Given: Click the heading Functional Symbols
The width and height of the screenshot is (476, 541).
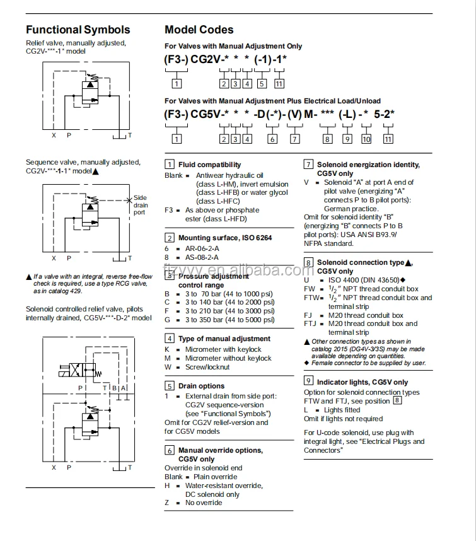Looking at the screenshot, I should pyautogui.click(x=78, y=30).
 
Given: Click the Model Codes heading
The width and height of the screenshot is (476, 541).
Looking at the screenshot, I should pyautogui.click(x=199, y=30).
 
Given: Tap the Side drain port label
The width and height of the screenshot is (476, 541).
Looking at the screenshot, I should pyautogui.click(x=140, y=205).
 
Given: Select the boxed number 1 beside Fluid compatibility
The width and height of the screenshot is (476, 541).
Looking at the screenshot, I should pyautogui.click(x=170, y=165).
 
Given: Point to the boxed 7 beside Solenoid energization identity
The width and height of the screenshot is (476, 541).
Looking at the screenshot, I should pyautogui.click(x=308, y=165).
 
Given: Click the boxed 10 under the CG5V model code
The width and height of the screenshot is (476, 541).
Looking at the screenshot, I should pyautogui.click(x=366, y=139).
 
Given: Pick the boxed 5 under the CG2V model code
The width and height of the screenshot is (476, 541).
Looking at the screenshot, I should pyautogui.click(x=262, y=83).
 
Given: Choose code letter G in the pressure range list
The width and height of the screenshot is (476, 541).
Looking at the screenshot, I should pyautogui.click(x=168, y=320).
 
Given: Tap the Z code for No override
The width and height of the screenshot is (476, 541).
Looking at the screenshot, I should pyautogui.click(x=167, y=503).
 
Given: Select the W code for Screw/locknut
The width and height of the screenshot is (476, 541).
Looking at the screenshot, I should pyautogui.click(x=168, y=367).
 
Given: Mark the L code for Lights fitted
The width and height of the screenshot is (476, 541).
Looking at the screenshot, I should pyautogui.click(x=306, y=410).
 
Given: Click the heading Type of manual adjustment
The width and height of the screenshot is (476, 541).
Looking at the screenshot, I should pyautogui.click(x=224, y=339).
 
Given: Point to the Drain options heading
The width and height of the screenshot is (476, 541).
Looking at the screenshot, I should pyautogui.click(x=201, y=386).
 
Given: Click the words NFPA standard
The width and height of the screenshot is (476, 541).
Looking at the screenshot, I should pyautogui.click(x=328, y=243).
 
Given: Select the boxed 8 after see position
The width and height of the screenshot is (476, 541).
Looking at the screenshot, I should pyautogui.click(x=397, y=401).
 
